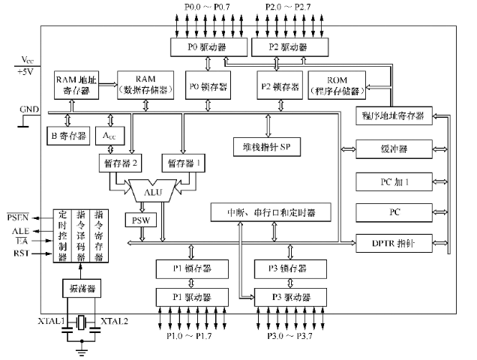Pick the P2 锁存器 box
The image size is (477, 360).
tap(278, 86)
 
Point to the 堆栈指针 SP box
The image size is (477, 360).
tap(266, 145)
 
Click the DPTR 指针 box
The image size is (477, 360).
tap(394, 243)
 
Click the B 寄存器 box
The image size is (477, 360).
tap(69, 136)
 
